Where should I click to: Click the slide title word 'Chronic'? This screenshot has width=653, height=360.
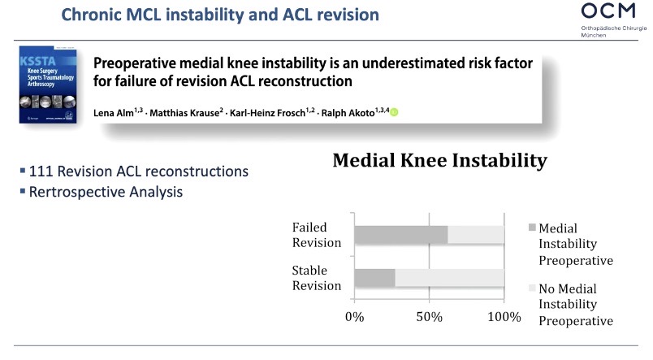[x=84, y=15]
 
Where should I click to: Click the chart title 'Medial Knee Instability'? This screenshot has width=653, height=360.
[x=439, y=161]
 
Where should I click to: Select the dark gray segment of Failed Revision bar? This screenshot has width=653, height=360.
[x=401, y=235]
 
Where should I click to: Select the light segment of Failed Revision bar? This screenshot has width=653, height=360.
[x=476, y=235]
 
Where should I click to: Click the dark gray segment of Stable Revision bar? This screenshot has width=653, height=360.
[x=374, y=277]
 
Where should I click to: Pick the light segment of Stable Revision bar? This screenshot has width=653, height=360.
[x=450, y=277]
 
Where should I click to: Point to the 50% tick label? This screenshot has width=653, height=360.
[x=429, y=316]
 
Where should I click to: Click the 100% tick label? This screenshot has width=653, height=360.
[x=504, y=316]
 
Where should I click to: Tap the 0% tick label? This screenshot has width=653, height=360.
[x=354, y=316]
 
